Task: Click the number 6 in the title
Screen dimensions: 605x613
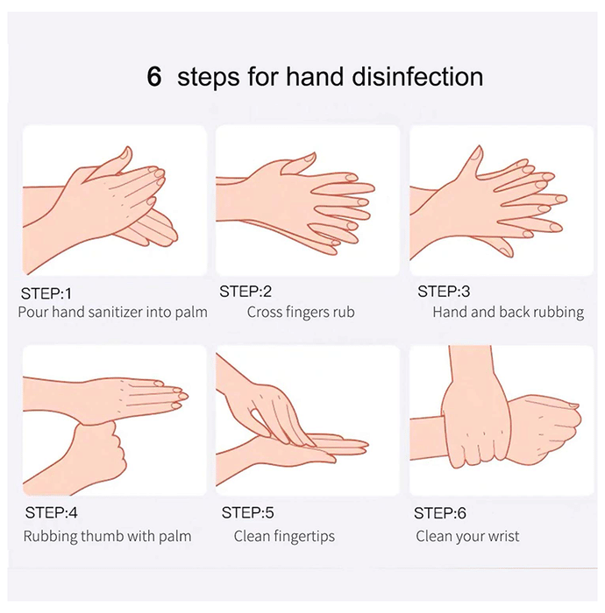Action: [153, 76]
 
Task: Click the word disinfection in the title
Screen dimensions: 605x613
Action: [417, 76]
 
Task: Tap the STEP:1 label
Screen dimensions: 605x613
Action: [46, 293]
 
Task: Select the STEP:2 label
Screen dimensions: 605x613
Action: [246, 292]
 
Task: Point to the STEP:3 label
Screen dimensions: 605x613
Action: [444, 292]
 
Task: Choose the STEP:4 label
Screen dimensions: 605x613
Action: [51, 512]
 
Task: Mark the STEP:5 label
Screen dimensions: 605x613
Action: [248, 512]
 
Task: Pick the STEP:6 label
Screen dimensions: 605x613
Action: [440, 513]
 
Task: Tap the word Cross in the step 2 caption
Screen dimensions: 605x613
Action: [265, 312]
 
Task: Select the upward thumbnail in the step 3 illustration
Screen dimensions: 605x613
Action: [476, 153]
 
